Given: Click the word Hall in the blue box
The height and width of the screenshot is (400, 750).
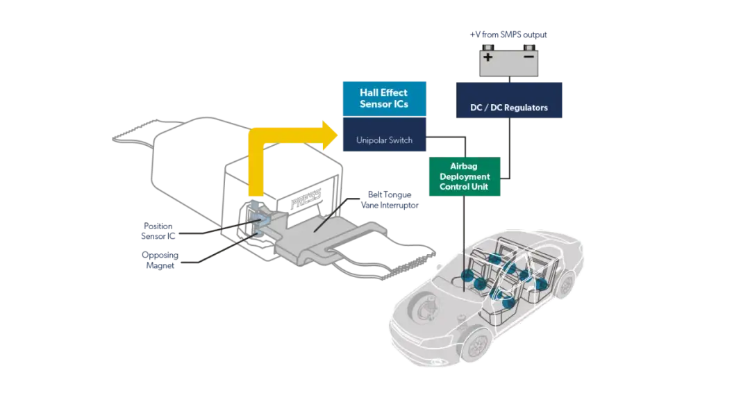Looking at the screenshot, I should coord(371,92).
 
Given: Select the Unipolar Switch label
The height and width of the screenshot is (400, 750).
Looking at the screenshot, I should coord(384,140).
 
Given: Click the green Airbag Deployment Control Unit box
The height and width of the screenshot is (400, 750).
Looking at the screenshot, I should coord(464,177).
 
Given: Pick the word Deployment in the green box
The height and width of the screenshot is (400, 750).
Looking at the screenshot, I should coord(464,177).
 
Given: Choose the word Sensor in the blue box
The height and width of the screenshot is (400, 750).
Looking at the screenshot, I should coord(374,104).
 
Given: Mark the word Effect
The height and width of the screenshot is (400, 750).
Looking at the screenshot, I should coord(394,92).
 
